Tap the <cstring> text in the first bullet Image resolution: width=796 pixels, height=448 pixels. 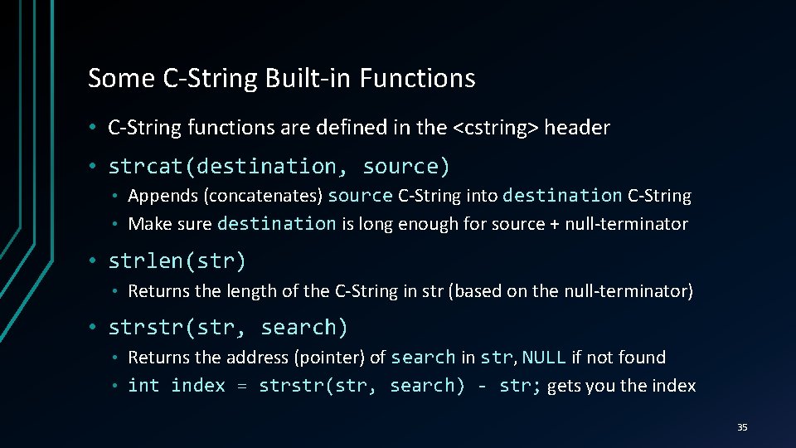pos(496,128)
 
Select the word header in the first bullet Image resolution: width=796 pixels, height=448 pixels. pos(577,128)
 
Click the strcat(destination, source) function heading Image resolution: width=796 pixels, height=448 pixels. pos(279,166)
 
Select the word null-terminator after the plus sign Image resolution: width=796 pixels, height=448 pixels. pos(626,223)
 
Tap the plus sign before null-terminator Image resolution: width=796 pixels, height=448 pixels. pos(554,223)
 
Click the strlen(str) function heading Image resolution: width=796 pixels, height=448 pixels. pos(177,261)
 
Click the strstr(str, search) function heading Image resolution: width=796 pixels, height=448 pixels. pos(228,328)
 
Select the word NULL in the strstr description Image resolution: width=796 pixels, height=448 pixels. pos(544,358)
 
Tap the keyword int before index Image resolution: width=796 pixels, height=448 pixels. pos(144,386)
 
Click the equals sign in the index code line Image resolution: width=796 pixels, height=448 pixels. pos(241,386)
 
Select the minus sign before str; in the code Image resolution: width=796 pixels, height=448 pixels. pos(483,386)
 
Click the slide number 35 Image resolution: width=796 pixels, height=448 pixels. pos(742,427)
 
